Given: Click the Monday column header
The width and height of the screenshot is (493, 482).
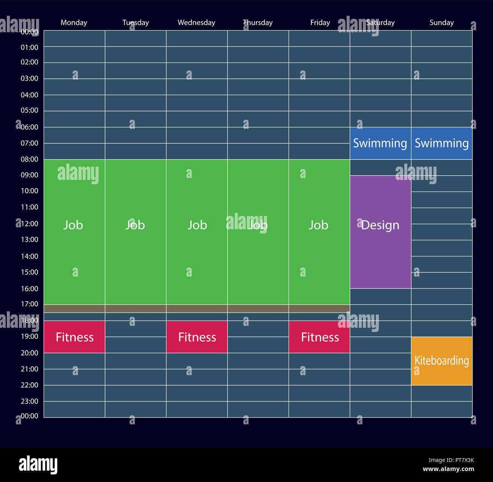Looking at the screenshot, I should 74,23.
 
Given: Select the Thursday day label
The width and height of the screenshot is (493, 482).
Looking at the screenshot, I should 258,23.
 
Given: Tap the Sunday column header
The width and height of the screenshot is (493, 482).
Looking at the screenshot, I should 441,23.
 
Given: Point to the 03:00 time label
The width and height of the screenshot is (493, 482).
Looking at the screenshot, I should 30,78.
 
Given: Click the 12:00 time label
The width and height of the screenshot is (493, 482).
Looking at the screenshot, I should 30,224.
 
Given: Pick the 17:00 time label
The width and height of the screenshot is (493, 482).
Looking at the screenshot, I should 30,304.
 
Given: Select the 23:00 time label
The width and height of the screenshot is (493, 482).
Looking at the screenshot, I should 30,401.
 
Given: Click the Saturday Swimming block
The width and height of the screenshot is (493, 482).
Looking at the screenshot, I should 380,143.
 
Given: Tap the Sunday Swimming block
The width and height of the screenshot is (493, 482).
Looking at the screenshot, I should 442,143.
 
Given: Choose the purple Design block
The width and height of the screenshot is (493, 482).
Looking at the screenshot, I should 380,232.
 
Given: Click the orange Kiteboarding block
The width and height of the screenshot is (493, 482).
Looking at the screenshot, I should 442,361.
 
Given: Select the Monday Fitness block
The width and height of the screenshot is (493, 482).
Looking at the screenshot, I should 74,337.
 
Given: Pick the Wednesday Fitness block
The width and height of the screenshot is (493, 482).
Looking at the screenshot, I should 197,337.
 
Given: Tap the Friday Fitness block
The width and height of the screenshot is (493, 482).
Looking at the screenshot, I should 319,337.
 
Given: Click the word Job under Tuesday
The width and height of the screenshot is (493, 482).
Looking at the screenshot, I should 135,225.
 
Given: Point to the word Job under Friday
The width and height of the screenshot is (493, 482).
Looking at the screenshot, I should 318,225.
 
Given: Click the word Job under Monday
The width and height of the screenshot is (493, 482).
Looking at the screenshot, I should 73,225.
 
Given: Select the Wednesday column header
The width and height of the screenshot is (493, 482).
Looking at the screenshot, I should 196,23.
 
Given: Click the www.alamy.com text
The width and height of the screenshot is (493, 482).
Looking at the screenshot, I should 448,469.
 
